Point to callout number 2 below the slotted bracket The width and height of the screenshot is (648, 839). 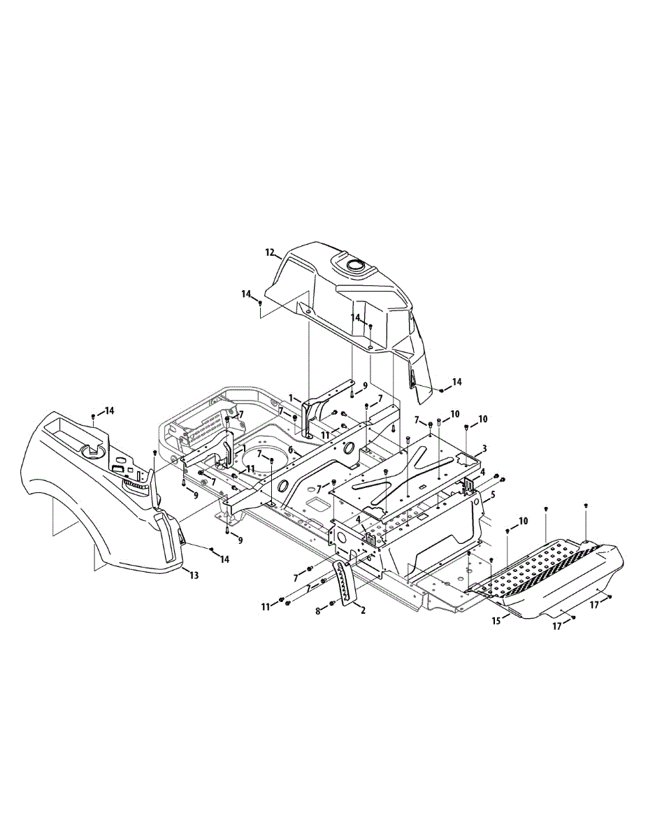[363, 610]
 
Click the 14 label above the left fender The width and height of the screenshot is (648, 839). [110, 410]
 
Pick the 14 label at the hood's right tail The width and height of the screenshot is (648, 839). [457, 382]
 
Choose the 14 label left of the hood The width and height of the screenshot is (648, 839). [246, 294]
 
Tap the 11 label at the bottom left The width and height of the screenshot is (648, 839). [266, 607]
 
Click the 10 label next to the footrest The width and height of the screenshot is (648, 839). [524, 522]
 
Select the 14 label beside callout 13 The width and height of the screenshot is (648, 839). [224, 559]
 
